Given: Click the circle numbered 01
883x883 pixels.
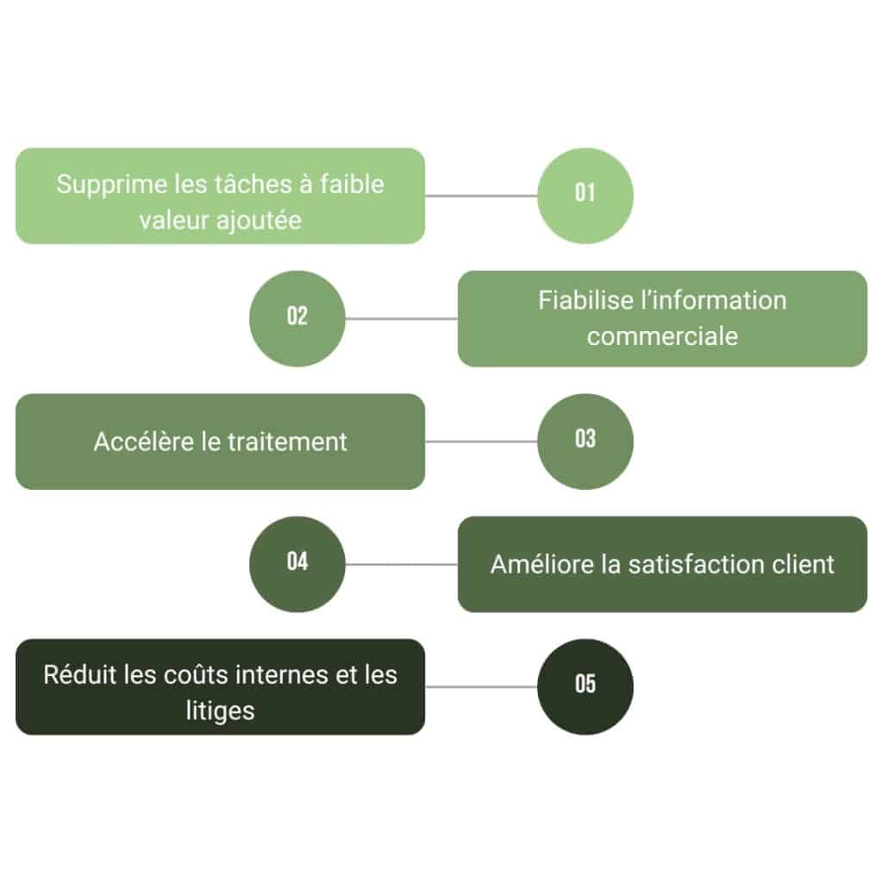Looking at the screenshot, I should click(585, 196).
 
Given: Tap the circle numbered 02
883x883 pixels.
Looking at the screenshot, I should click(297, 318).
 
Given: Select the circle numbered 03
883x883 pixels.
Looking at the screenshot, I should click(585, 441).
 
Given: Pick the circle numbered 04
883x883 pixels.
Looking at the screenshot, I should click(297, 564).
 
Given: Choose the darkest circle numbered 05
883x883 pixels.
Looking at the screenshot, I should click(585, 686).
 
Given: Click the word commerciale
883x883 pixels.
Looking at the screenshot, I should click(662, 335).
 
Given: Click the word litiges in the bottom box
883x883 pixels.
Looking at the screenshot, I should click(220, 710).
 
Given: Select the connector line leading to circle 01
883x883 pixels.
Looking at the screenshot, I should click(480, 196).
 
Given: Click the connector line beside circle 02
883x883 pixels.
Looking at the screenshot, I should click(401, 318).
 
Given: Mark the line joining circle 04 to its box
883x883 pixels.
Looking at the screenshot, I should click(401, 564).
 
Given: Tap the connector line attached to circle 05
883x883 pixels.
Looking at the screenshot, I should click(480, 686).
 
